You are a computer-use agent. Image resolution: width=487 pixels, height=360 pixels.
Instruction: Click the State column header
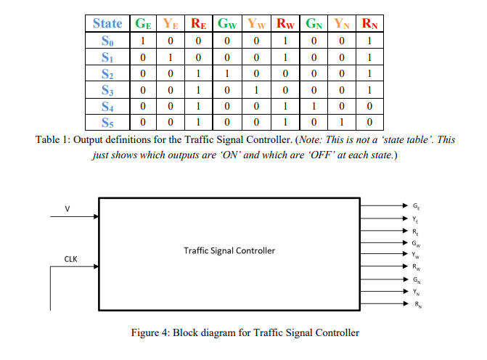[x=107, y=23]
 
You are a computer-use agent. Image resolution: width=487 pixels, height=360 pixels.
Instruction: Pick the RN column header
[x=370, y=23]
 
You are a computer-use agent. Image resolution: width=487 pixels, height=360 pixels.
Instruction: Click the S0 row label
[x=107, y=40]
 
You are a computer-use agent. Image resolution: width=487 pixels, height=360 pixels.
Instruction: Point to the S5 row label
[x=107, y=121]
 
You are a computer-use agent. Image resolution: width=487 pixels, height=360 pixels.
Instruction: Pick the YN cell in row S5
[x=343, y=121]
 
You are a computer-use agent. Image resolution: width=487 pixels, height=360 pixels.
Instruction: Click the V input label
[x=67, y=209]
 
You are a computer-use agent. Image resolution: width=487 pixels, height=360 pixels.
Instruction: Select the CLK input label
[x=70, y=258]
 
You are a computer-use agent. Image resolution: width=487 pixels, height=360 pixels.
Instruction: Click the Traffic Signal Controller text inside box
[x=229, y=250]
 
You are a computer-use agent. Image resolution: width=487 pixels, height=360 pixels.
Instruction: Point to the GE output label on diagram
[x=414, y=205]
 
